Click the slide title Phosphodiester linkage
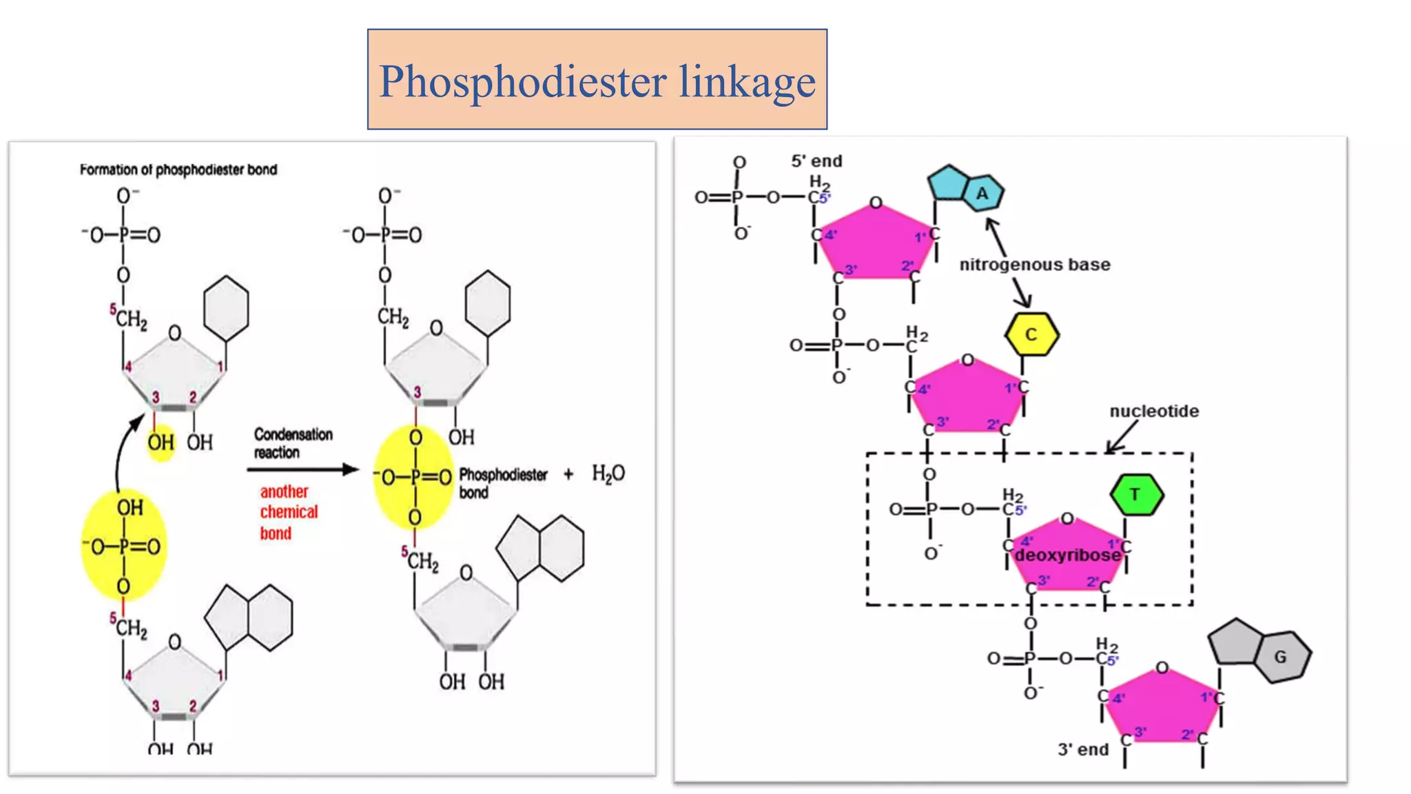tap(597, 81)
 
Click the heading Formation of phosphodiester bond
tap(178, 170)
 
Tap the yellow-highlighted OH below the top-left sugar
tap(161, 442)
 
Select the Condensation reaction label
tap(293, 443)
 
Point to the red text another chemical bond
tap(288, 512)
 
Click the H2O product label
tap(608, 474)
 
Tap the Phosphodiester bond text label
tap(503, 483)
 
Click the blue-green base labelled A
tap(965, 188)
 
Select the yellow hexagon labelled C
tap(1031, 334)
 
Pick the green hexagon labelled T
tap(1136, 494)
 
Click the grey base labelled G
tap(1261, 651)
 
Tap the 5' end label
tap(816, 161)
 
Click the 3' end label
tap(1083, 749)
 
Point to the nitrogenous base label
tap(1034, 265)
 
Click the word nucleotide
tap(1153, 411)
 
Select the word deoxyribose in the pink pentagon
tap(1067, 556)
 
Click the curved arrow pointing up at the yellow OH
tap(122, 448)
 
